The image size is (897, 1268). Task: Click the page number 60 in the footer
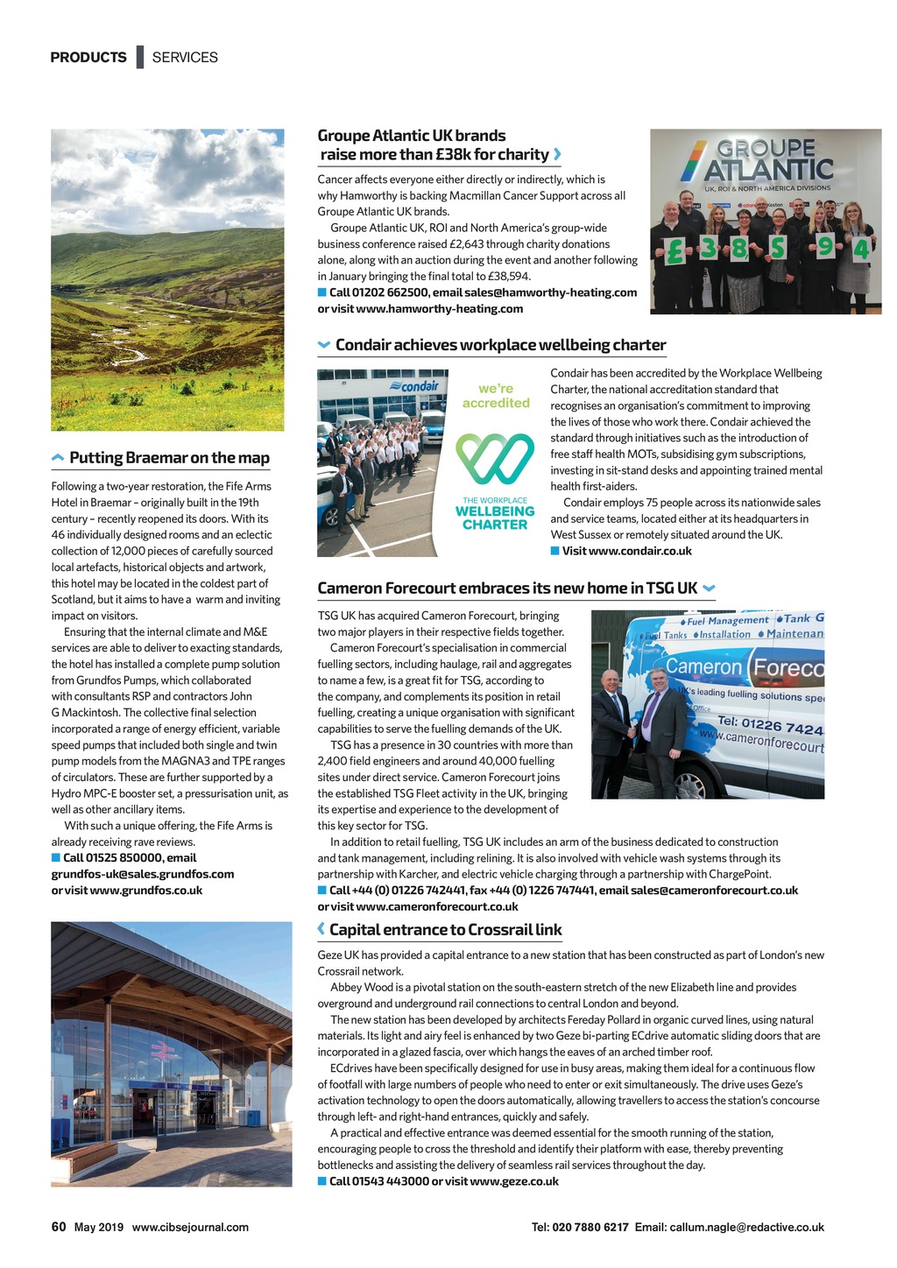tap(59, 1227)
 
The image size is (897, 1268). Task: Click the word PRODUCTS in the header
tap(88, 58)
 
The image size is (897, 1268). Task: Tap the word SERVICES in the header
tap(185, 58)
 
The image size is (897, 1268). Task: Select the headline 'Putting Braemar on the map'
tap(169, 458)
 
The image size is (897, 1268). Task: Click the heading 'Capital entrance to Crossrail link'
tap(445, 930)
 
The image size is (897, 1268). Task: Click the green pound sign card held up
tap(674, 252)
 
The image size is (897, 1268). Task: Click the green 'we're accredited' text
tap(496, 396)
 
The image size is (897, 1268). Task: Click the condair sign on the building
tap(420, 386)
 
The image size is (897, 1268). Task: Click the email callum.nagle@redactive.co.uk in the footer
tap(746, 1228)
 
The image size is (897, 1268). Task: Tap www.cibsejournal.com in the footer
tap(190, 1228)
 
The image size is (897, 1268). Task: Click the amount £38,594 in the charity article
tap(508, 277)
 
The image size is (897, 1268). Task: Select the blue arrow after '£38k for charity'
tap(557, 155)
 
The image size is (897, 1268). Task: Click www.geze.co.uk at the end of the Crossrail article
tap(514, 1181)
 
